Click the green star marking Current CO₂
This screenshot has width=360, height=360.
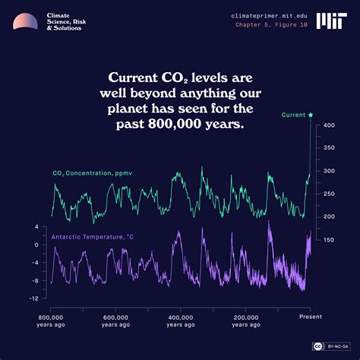pyautogui.click(x=311, y=115)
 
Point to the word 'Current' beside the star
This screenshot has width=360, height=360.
pyautogui.click(x=293, y=115)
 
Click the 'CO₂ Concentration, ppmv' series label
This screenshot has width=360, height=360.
pyautogui.click(x=92, y=173)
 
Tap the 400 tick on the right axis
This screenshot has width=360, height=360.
pyautogui.click(x=328, y=125)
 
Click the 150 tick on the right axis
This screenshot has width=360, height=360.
pyautogui.click(x=328, y=240)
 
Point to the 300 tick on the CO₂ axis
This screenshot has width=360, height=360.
pyautogui.click(x=328, y=171)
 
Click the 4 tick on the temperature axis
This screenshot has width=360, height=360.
pyautogui.click(x=36, y=227)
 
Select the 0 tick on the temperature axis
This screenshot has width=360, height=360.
pyautogui.click(x=36, y=245)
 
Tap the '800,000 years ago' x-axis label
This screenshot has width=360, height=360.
pyautogui.click(x=50, y=321)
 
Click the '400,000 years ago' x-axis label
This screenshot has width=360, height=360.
pyautogui.click(x=181, y=321)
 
